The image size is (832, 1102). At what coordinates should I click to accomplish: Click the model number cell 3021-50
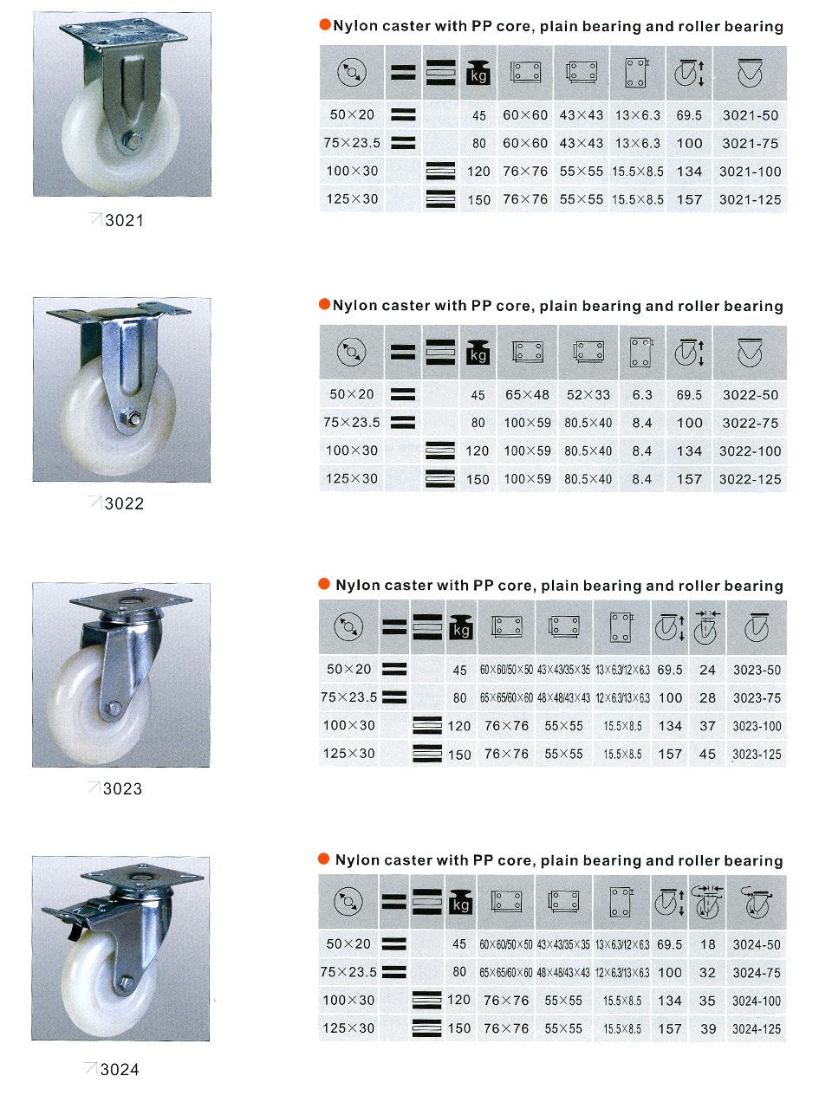point(750,115)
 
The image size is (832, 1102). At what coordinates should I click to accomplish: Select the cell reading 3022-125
point(750,479)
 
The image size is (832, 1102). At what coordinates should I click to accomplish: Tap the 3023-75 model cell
point(757,698)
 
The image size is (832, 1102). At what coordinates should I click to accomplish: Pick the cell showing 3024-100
point(756,1001)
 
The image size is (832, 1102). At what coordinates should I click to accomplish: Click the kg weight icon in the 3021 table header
point(478,72)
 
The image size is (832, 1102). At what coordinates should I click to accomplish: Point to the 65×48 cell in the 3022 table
point(527,394)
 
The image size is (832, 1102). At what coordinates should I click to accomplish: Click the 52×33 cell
point(588,394)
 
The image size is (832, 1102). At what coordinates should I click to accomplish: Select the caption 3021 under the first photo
point(124,220)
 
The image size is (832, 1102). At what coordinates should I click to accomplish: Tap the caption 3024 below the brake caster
point(120,1069)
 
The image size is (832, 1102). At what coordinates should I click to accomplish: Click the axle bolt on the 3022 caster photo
point(132,418)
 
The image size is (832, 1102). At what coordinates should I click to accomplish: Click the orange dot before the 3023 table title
point(324,584)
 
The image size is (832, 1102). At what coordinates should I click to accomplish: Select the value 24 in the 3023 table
point(707,670)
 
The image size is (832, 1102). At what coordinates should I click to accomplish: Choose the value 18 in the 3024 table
point(707,944)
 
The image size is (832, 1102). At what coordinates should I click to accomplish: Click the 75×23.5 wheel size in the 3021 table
point(352,143)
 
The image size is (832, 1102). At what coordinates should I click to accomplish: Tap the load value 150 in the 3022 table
point(477,479)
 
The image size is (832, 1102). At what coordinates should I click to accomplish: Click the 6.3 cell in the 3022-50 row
point(641,394)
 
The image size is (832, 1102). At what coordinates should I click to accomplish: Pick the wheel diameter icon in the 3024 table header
point(348,901)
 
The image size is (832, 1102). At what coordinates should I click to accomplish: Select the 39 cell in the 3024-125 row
point(707,1028)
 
